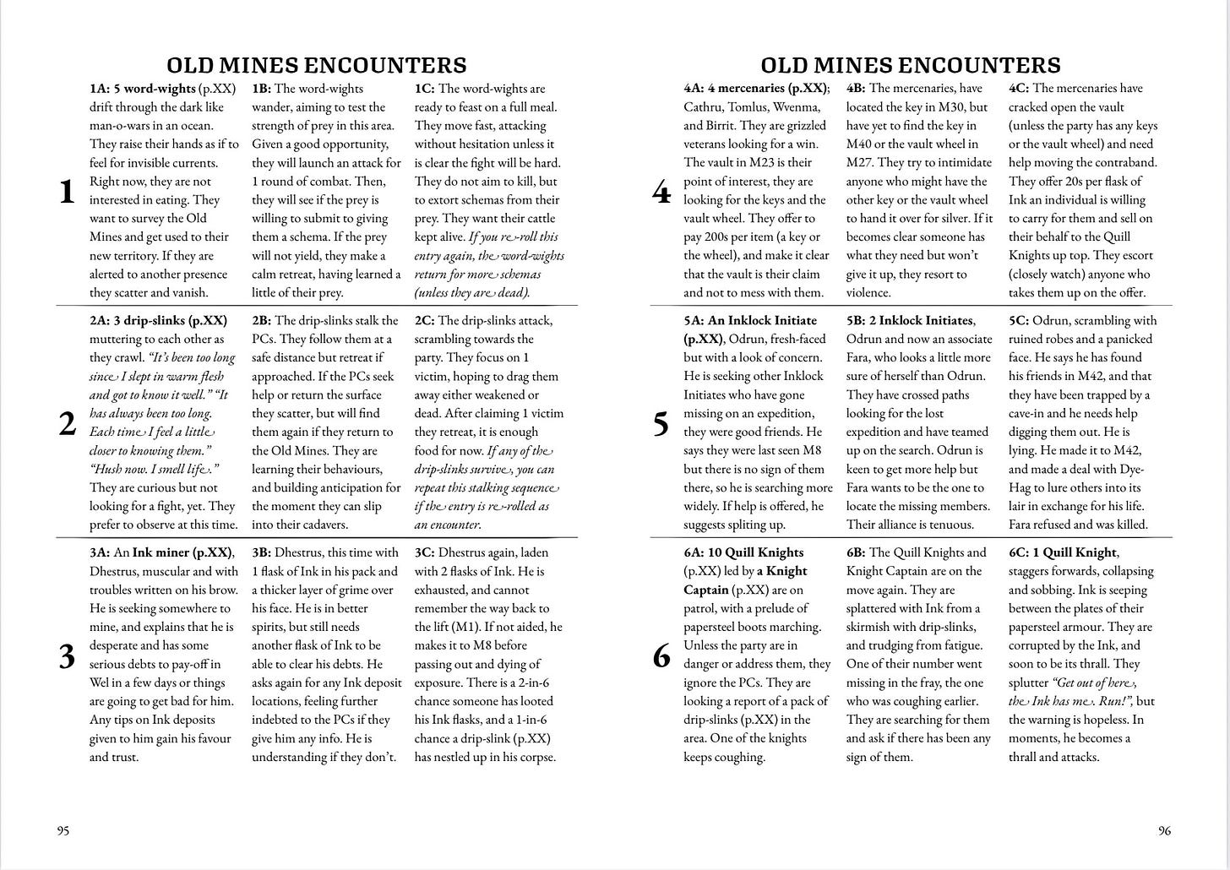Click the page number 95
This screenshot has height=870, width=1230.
63,830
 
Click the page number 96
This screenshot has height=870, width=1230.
1164,830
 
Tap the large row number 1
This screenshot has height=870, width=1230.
68,193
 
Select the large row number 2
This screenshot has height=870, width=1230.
68,424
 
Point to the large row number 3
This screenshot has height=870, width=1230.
68,656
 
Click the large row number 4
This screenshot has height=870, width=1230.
661,193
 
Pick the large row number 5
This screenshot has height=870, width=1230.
661,424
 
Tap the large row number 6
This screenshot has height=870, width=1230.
661,656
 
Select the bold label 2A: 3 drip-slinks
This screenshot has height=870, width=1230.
158,321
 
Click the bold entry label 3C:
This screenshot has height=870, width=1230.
425,552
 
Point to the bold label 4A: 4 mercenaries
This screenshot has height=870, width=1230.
754,89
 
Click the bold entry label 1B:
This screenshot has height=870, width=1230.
262,89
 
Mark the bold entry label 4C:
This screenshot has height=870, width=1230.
1019,89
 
